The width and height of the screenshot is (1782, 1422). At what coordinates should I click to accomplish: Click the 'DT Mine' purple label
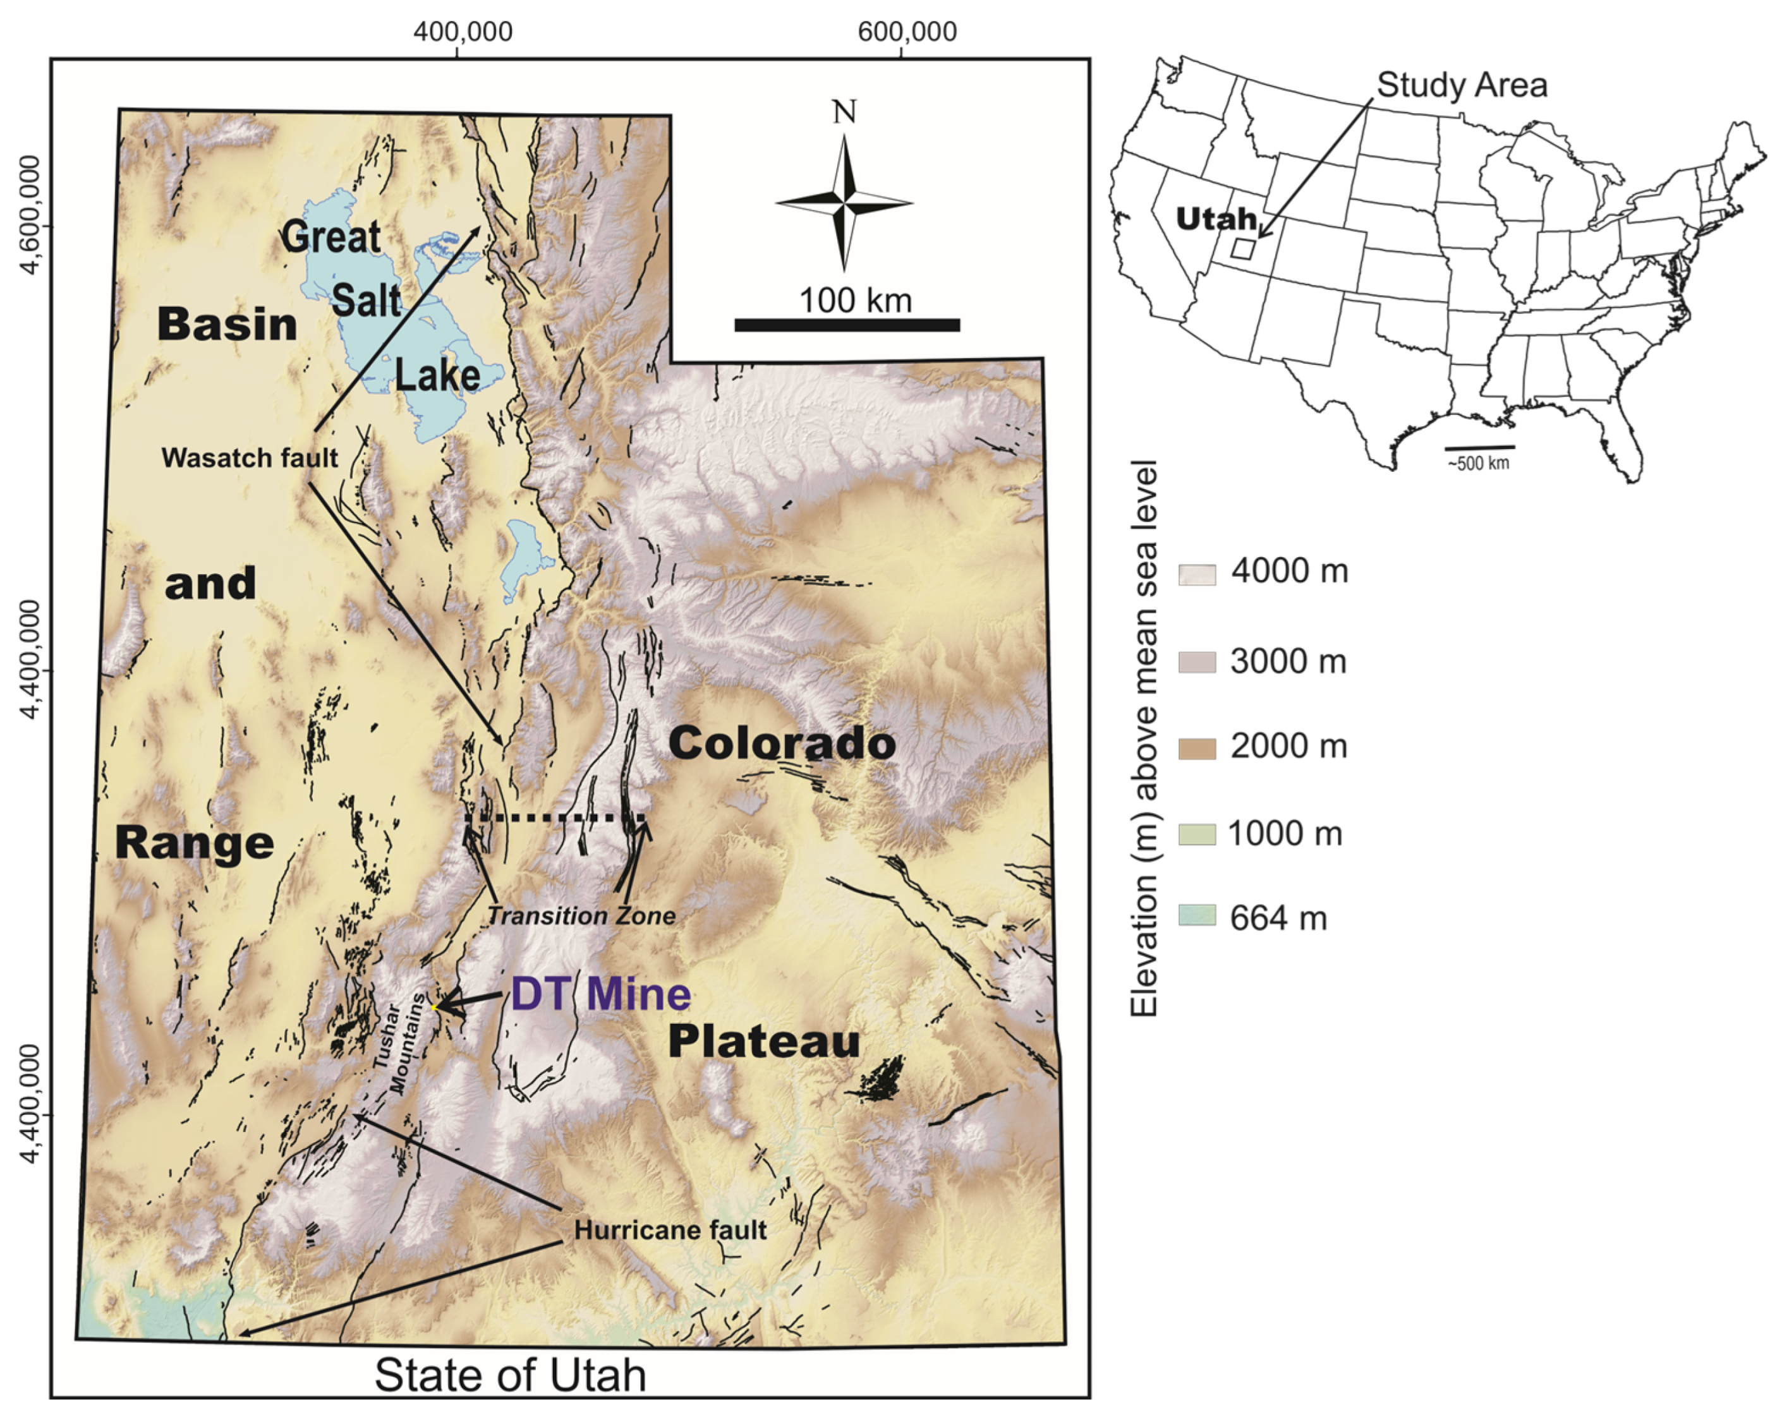point(600,994)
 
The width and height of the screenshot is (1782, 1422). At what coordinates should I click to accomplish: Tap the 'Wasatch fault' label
point(250,458)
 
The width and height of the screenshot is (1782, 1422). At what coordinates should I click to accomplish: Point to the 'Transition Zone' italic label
point(581,915)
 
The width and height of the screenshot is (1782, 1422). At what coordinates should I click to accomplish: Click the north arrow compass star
point(844,202)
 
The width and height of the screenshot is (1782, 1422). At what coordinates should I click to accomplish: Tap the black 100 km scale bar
point(847,325)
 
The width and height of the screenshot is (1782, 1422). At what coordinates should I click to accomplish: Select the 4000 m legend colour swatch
point(1197,574)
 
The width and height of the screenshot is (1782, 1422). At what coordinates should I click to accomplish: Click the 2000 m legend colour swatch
point(1197,748)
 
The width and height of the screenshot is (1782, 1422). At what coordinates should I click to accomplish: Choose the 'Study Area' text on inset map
point(1462,85)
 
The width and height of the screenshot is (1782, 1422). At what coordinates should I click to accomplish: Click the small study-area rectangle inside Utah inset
point(1242,248)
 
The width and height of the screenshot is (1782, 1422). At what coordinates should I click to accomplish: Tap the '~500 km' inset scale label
point(1478,462)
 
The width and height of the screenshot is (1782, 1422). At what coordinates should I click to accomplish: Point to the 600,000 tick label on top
point(907,32)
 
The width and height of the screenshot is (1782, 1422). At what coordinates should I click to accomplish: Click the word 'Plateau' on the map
point(764,1041)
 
